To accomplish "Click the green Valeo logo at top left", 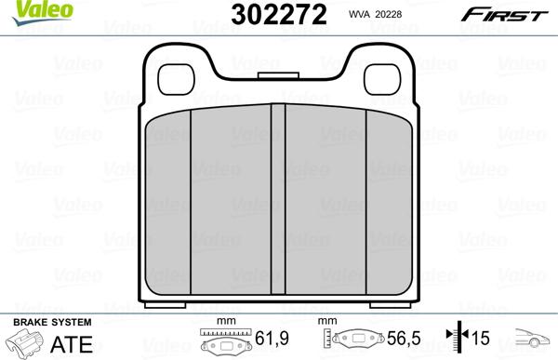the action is [42, 12].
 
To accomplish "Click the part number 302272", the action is [279, 15].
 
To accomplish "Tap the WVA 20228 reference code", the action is [375, 14].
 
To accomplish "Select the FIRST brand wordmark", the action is [504, 15].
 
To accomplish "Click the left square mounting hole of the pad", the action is [176, 79].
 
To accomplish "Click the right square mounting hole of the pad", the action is [382, 79].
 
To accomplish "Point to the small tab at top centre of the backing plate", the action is [278, 75].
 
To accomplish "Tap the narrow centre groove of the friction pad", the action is [278, 199].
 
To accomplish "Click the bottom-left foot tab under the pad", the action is [166, 305].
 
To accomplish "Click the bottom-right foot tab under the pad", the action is [391, 305].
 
